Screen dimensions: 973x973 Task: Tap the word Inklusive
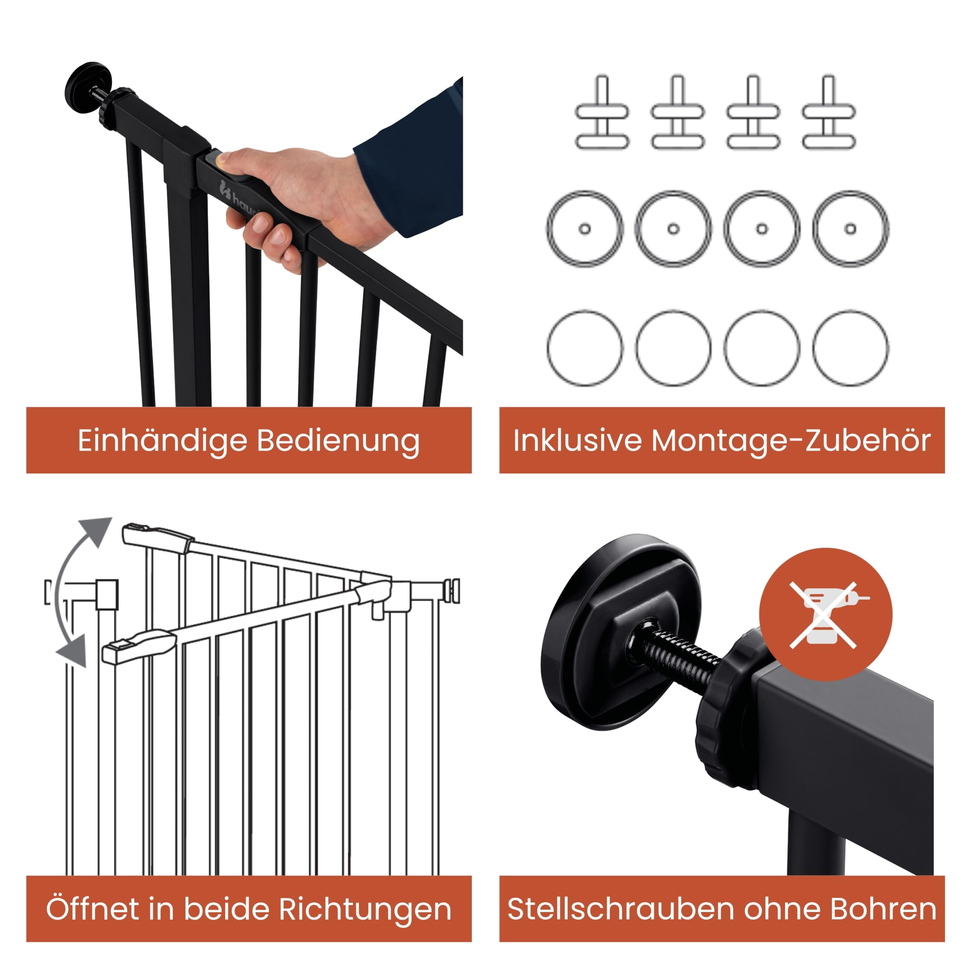click(577, 441)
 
